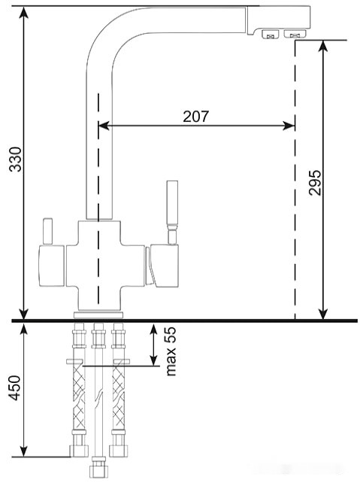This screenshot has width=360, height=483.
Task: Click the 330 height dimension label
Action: [15, 159]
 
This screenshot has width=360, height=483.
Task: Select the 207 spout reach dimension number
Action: [195, 117]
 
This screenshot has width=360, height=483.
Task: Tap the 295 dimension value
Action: [315, 182]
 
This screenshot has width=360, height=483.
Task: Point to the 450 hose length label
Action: [15, 387]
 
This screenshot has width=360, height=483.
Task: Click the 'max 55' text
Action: [171, 351]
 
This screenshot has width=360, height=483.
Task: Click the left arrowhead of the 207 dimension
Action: [104, 126]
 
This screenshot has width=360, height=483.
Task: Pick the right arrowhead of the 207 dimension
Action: [289, 126]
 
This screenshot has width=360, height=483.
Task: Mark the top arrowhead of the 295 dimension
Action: [322, 46]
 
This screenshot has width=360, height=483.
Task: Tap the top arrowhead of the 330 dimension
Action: [24, 12]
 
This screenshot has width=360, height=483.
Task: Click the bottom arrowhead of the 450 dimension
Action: [24, 451]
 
